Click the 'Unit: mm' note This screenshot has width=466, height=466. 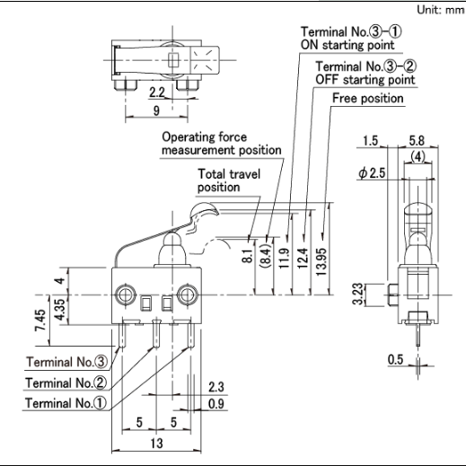click(441, 10)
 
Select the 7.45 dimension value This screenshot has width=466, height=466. click(41, 320)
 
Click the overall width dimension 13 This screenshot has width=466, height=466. click(156, 444)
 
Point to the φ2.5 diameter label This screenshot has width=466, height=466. click(372, 173)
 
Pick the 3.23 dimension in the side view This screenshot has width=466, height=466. click(357, 294)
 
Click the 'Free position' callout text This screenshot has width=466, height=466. click(368, 98)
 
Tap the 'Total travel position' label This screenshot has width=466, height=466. click(229, 180)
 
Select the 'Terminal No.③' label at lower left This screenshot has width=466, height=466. click(66, 362)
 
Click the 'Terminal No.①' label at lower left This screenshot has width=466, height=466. click(66, 403)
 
